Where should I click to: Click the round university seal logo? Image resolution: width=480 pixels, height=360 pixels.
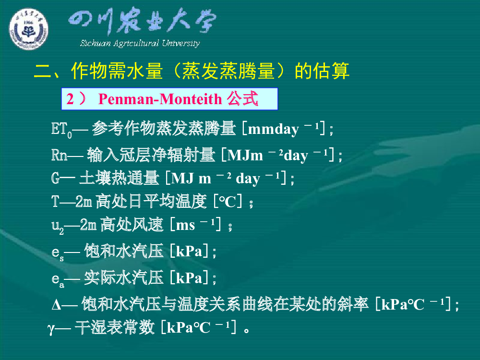click(x=28, y=29)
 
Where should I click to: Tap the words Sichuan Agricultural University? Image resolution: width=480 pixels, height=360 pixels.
click(x=140, y=43)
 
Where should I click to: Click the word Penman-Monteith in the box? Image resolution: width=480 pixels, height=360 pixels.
click(x=160, y=99)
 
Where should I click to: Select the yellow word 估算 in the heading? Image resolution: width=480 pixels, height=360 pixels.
click(x=322, y=71)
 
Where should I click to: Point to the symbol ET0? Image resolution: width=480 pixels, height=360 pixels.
click(x=61, y=130)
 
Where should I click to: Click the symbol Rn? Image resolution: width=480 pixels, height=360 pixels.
click(x=60, y=155)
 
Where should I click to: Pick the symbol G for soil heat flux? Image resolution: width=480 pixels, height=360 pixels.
click(x=55, y=178)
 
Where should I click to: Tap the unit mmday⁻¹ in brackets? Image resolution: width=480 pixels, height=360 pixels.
click(x=284, y=129)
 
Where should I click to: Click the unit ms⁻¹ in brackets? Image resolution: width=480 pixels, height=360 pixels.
click(x=195, y=225)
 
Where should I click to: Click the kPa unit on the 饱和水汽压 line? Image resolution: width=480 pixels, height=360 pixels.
click(x=189, y=252)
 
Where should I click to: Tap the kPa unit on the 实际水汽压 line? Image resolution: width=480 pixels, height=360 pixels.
click(x=189, y=278)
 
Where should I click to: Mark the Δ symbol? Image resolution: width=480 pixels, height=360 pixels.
click(x=56, y=305)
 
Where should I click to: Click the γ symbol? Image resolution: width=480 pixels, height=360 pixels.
click(x=51, y=329)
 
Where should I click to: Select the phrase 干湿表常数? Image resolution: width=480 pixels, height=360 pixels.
click(x=115, y=327)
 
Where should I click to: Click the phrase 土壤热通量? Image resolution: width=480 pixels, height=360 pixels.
click(x=119, y=178)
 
